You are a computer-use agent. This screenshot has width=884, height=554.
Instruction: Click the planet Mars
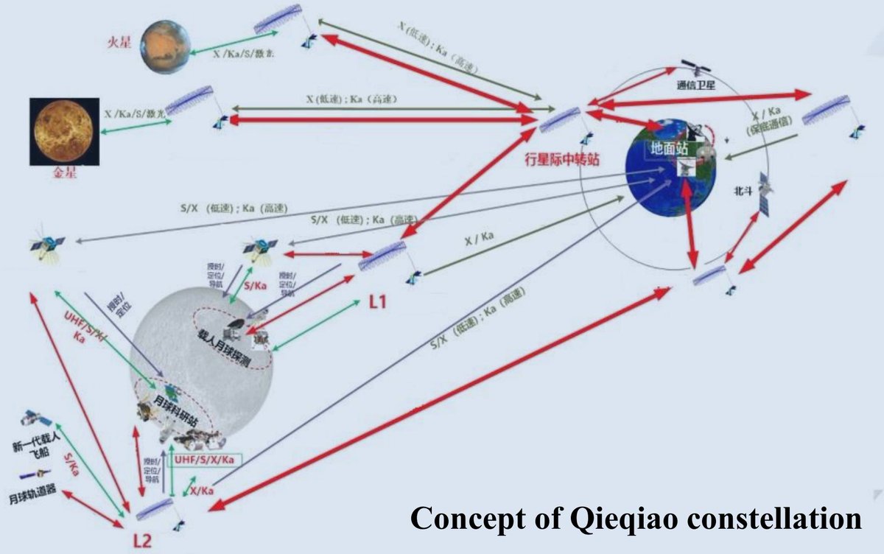(164, 46)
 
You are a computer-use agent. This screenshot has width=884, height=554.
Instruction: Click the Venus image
(62, 131)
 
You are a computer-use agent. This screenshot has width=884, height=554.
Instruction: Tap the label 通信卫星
(695, 85)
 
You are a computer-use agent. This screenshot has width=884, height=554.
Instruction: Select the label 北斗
(743, 189)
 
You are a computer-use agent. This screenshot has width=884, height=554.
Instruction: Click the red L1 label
(377, 301)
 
